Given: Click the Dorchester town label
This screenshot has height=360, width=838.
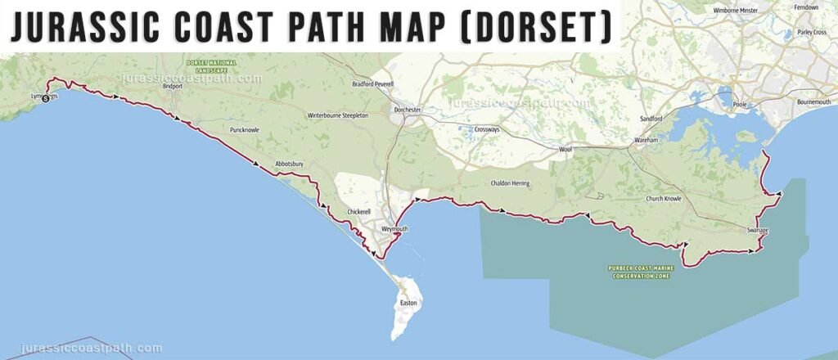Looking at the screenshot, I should click(x=407, y=110).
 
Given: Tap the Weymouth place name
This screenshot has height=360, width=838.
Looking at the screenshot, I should click(x=394, y=229).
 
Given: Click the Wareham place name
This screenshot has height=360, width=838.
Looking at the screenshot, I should click(x=647, y=142).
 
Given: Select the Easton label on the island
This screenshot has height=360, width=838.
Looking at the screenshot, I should click(x=408, y=303).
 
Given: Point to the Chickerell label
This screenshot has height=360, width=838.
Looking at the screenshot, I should click(x=359, y=212).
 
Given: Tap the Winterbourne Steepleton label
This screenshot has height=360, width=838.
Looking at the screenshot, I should click(x=338, y=116).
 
